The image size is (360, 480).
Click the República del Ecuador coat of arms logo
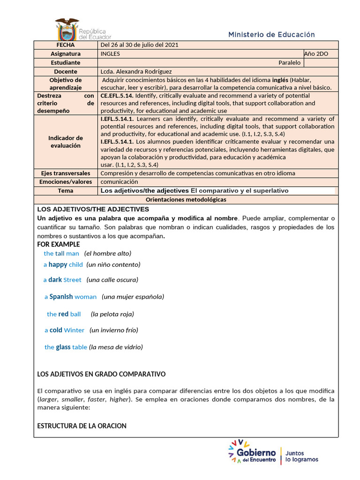point(67,29)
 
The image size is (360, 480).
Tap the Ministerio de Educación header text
point(271,35)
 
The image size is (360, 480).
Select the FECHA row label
point(66,45)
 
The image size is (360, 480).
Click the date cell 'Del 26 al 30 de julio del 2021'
point(139,45)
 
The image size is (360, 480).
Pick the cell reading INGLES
point(110,54)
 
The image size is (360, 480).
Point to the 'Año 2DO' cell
point(316,54)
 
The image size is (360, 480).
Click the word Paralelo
point(289,63)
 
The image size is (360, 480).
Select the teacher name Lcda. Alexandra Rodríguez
point(136,72)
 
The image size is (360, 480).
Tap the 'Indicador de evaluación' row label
point(66,142)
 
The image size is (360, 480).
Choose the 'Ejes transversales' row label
point(66,173)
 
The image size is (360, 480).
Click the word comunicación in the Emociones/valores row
point(119,181)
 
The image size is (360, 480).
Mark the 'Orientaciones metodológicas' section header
point(186,199)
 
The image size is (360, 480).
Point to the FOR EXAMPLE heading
point(59,244)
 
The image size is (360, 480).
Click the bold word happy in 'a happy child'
point(58,264)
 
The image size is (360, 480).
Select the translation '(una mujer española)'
point(133,297)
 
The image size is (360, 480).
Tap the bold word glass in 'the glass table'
point(63,347)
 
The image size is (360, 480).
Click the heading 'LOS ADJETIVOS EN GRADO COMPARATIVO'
point(101,374)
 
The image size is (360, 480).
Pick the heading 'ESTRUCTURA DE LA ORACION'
point(82,426)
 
